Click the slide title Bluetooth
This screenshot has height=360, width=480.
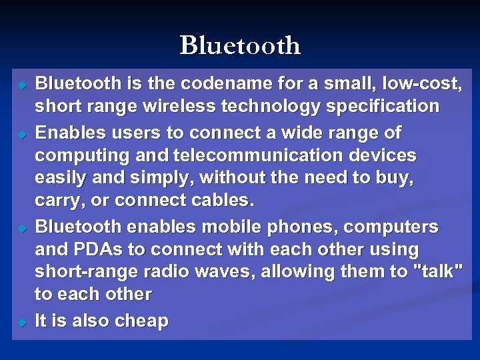pyautogui.click(x=240, y=46)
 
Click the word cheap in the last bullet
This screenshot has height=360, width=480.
pyautogui.click(x=141, y=321)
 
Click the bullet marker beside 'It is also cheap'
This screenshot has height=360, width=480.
pyautogui.click(x=22, y=323)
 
